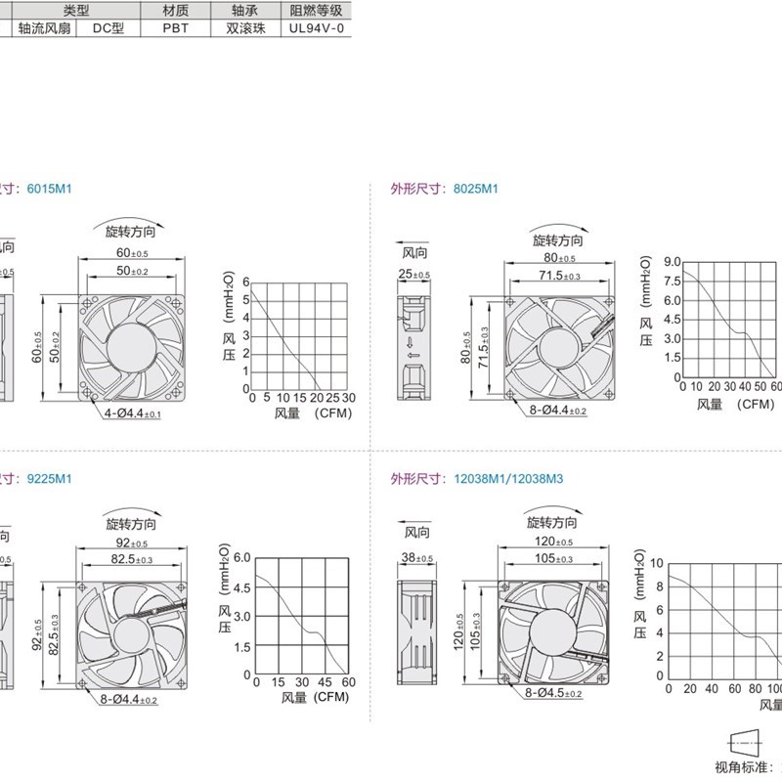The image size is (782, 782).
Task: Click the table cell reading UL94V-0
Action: pyautogui.click(x=315, y=28)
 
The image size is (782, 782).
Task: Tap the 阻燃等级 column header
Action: pyautogui.click(x=316, y=10)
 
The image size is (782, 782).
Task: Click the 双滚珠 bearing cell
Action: pyautogui.click(x=245, y=28)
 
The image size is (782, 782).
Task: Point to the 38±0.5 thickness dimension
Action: pyautogui.click(x=417, y=558)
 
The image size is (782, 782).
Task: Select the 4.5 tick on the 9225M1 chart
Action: pyautogui.click(x=240, y=587)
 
